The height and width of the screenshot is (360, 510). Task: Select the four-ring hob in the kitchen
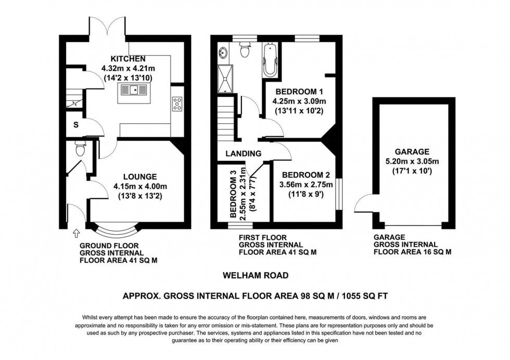pos(177,104)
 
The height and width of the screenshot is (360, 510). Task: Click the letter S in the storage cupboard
pos(76,124)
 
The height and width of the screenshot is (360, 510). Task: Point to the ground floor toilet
pos(80,149)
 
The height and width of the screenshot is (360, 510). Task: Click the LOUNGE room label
pos(140,176)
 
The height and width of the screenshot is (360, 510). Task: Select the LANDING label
pos(243,153)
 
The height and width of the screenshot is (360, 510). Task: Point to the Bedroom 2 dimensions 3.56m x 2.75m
pos(303,185)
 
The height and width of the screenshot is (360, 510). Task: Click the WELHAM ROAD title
pos(254,275)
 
